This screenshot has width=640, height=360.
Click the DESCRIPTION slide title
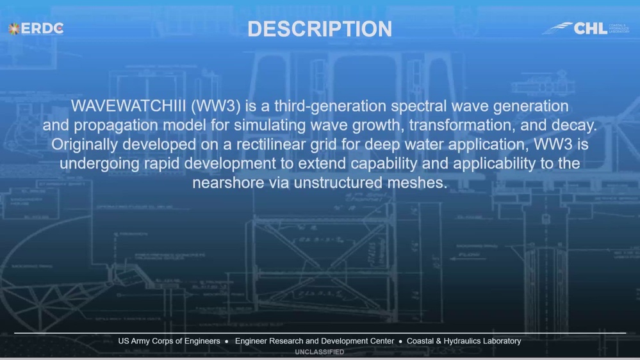(x=320, y=29)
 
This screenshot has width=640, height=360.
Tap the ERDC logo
(x=36, y=28)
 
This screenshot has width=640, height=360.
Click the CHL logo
(x=586, y=28)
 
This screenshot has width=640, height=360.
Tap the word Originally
(x=84, y=144)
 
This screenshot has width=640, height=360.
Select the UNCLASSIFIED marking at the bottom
(x=319, y=352)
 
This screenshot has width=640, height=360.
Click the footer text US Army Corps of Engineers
(x=169, y=341)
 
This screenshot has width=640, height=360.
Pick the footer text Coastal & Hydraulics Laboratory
(x=463, y=341)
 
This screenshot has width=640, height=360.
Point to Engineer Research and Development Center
(x=314, y=341)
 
